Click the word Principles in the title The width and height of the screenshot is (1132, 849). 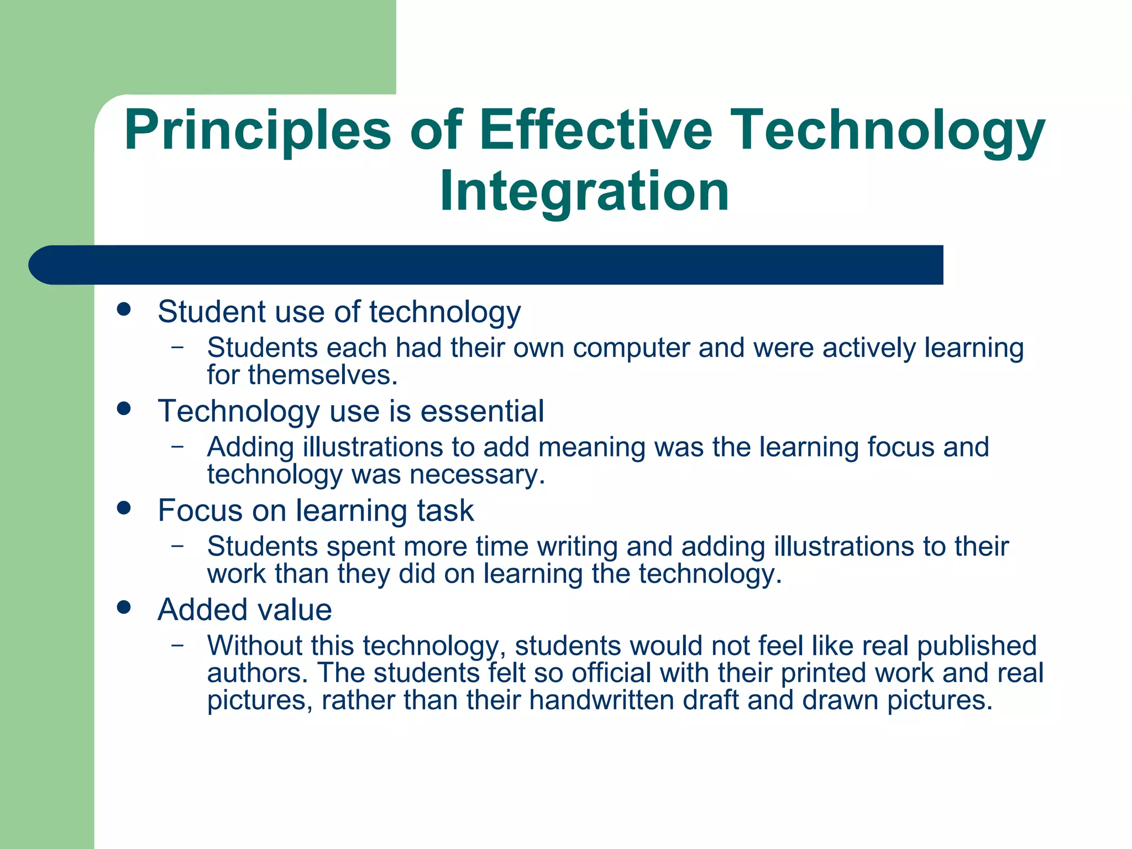[x=258, y=132]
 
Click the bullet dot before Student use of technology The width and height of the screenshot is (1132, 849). [x=124, y=309]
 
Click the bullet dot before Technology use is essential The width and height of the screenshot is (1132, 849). [x=124, y=408]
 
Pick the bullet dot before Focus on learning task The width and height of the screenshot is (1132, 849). [x=124, y=508]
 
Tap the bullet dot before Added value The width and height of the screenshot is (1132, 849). [x=124, y=607]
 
